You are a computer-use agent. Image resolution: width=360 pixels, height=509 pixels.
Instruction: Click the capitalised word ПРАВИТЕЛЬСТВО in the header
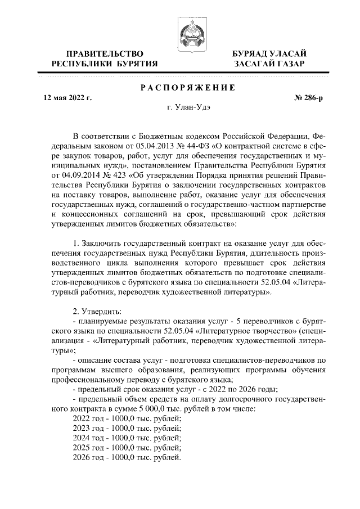pos(104,54)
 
